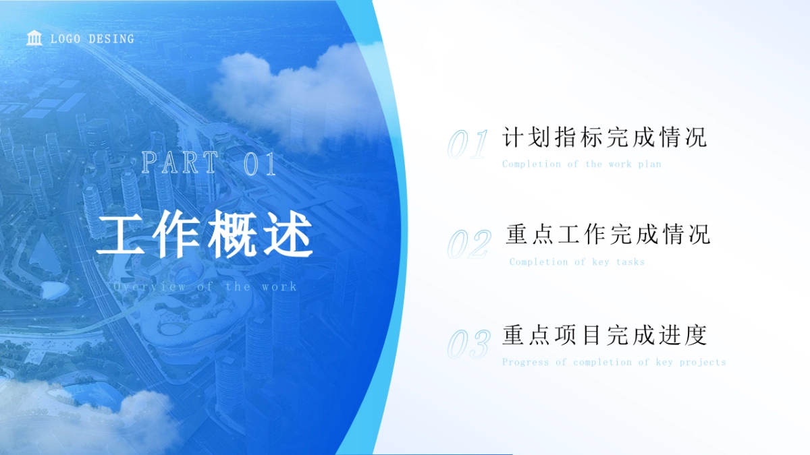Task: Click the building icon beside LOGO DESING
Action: tap(34, 38)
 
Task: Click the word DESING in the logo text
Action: tap(111, 39)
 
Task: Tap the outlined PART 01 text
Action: tap(209, 164)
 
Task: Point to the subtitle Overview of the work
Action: tap(205, 286)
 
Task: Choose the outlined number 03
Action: tap(468, 344)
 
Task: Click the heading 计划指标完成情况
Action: tap(604, 137)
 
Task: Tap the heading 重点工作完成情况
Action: tap(607, 235)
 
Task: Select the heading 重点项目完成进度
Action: tap(604, 334)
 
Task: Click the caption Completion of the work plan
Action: tap(581, 164)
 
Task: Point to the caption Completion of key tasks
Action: tap(577, 262)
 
